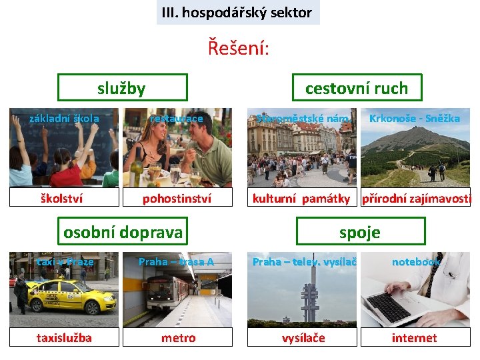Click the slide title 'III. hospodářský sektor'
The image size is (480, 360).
pyautogui.click(x=238, y=13)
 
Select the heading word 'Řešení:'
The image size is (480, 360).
pyautogui.click(x=238, y=47)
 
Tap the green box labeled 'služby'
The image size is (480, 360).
pyautogui.click(x=122, y=87)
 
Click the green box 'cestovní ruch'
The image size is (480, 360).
pyautogui.click(x=356, y=87)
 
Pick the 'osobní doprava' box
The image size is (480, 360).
pyautogui.click(x=123, y=231)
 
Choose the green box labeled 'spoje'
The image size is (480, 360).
pyautogui.click(x=359, y=231)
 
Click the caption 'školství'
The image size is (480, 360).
pyautogui.click(x=64, y=198)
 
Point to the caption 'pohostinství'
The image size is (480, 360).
pyautogui.click(x=177, y=198)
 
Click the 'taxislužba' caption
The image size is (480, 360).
pyautogui.click(x=64, y=337)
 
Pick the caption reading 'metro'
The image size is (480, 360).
pyautogui.click(x=178, y=337)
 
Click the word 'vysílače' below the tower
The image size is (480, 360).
pyautogui.click(x=303, y=337)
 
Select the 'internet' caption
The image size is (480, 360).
pyautogui.click(x=414, y=337)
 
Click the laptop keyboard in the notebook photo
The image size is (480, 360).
pyautogui.click(x=394, y=306)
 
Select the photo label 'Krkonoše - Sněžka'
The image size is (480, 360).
pyautogui.click(x=414, y=118)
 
